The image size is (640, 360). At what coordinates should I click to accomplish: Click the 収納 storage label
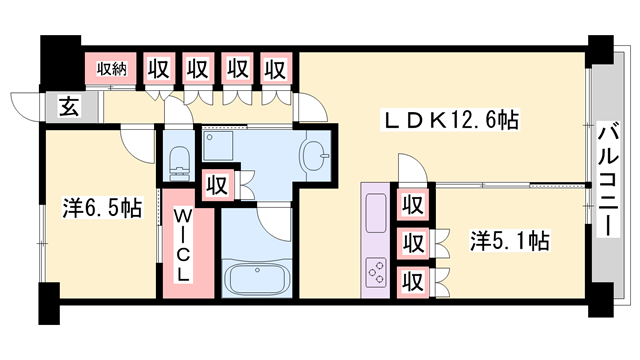pos(112,69)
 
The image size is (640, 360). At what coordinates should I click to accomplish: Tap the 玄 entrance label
pos(66,106)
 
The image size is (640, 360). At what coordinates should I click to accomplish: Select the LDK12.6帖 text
pos(452,121)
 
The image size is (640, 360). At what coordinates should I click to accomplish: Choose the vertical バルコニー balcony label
pos(607,180)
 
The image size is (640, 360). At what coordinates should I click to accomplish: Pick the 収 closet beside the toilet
pos(217,185)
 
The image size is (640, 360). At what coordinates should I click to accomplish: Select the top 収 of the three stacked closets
pos(411,205)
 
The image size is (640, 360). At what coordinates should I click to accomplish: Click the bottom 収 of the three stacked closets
pos(411,279)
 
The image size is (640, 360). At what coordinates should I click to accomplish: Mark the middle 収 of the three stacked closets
pos(411,242)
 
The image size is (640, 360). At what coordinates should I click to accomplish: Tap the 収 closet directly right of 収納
pos(158,69)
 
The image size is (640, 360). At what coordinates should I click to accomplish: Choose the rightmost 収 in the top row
pos(276,69)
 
